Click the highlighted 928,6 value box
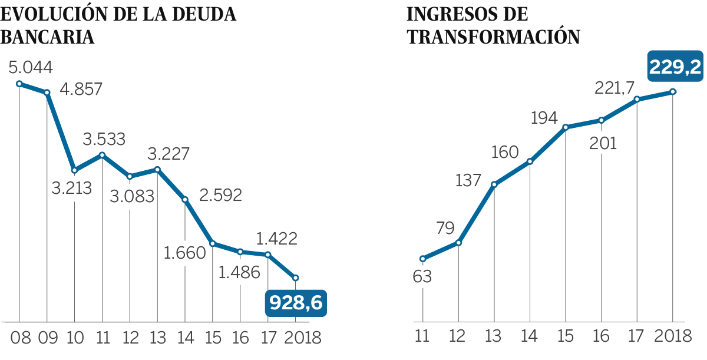(296, 303)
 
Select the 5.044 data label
(30, 67)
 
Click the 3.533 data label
(104, 140)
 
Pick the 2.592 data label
(220, 195)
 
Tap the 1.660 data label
(184, 253)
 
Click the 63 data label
(422, 276)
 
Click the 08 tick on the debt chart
(19, 338)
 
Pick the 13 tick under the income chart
(494, 338)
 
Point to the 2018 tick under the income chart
(673, 338)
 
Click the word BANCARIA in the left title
(49, 37)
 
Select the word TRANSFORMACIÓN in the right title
(494, 37)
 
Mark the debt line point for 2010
(74, 170)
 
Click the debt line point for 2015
(213, 243)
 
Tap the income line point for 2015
(566, 127)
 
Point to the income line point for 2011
(422, 259)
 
